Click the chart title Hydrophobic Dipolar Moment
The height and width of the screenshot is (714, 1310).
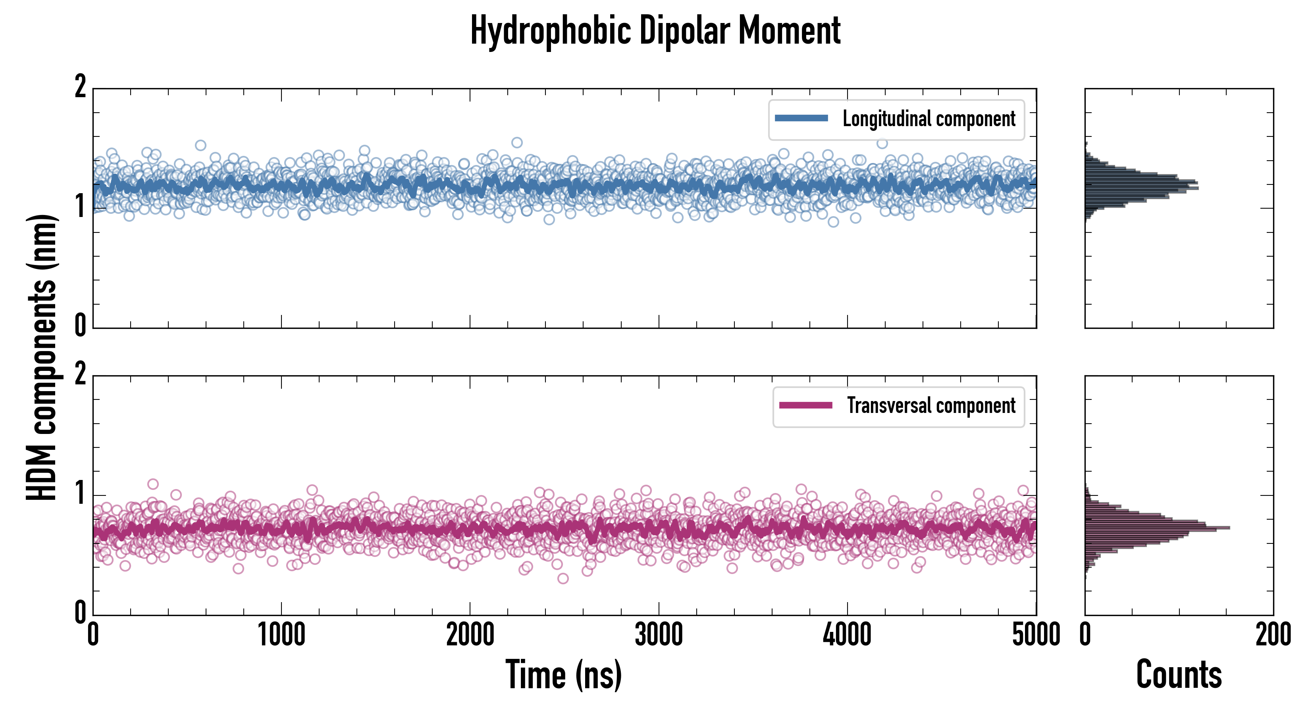655,31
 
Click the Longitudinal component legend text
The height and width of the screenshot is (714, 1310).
929,119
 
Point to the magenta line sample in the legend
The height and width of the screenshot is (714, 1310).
805,405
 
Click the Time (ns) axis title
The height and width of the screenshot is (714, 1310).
563,675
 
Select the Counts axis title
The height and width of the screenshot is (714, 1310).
1179,675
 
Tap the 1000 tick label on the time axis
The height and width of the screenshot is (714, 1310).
281,635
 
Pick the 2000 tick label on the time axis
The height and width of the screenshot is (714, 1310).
470,635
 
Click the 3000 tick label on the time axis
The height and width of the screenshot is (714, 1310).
659,635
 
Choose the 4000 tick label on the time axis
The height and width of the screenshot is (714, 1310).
847,635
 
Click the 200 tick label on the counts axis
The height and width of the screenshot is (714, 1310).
1273,635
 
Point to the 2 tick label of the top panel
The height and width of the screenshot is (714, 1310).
80,87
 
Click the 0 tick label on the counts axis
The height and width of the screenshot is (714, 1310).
1085,635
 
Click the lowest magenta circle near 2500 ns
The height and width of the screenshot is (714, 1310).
563,578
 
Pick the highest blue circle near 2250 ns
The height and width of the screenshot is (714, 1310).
517,142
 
